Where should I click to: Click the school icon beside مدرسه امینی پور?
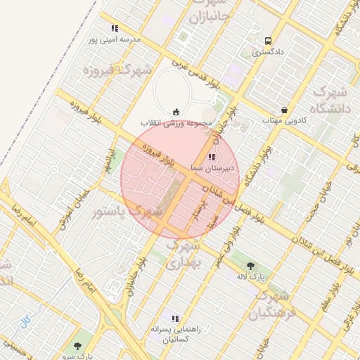pos(115,29)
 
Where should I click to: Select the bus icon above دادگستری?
pos(268,41)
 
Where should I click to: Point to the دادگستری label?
pos(268,52)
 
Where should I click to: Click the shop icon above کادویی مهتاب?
pos(284,110)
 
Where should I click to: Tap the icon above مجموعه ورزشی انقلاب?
pos(176,111)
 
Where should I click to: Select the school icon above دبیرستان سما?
pos(213,157)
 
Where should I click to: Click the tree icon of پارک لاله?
pos(251,266)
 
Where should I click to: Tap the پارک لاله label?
pos(251,277)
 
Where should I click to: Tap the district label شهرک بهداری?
pos(186,254)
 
